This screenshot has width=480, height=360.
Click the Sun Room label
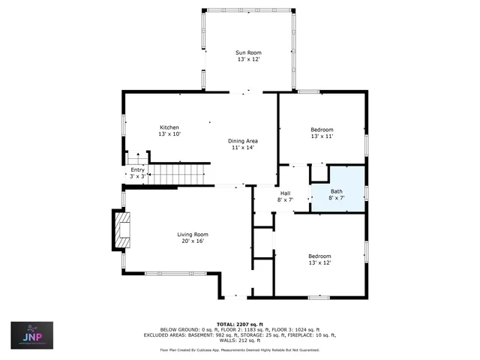[247, 52]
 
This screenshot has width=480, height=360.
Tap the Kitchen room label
[170, 127]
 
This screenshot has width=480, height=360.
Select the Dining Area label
[243, 141]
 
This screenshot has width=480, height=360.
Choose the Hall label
[285, 193]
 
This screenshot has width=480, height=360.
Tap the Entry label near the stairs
[137, 170]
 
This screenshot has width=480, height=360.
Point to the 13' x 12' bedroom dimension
[320, 262]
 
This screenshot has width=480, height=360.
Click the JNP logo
[31, 336]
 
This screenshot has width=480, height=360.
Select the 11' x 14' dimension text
[243, 148]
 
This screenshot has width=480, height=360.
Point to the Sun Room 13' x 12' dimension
[247, 59]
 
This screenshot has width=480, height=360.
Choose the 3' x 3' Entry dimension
[137, 176]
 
